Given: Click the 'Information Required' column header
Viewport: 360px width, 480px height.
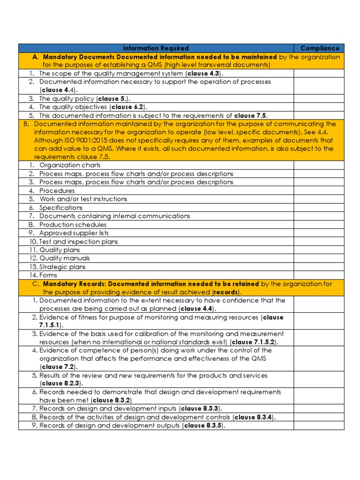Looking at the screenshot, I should tap(156, 48).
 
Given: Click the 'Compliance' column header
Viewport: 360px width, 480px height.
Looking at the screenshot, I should tap(320, 48).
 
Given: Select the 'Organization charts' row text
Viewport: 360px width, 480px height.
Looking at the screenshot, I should tap(70, 165).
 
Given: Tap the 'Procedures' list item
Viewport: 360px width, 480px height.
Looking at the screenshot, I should tap(57, 191).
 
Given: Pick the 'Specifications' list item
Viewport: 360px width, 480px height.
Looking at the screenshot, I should tap(61, 208).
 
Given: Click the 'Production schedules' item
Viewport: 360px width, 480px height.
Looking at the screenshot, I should tap(73, 225).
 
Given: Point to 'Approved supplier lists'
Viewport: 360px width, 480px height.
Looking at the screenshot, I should tap(74, 233).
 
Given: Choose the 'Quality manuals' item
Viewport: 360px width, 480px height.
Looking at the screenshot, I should tap(65, 258).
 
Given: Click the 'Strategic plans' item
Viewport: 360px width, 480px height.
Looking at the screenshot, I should tap(62, 267).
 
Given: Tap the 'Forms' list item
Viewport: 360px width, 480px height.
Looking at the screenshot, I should tap(48, 275).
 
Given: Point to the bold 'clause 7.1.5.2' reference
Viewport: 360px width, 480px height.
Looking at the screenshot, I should tap(255, 342).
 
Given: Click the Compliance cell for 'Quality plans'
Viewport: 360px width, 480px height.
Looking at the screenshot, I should tap(319, 250).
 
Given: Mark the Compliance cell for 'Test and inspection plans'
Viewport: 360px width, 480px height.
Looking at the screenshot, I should tap(319, 241).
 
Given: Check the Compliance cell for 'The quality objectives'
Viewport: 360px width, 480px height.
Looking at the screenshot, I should tap(319, 107).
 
